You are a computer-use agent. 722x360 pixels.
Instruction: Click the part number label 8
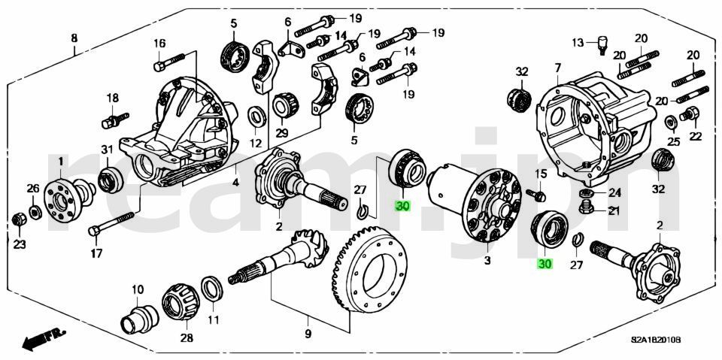74,39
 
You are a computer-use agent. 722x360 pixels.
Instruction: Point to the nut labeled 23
19,219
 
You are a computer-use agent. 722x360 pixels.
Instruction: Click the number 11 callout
214,320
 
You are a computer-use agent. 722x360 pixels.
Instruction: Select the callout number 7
557,68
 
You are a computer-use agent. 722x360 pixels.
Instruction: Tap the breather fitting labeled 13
602,46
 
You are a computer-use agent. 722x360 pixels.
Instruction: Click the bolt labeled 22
688,115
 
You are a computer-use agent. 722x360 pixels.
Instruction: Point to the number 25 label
674,141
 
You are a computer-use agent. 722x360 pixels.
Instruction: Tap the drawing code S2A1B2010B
656,340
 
